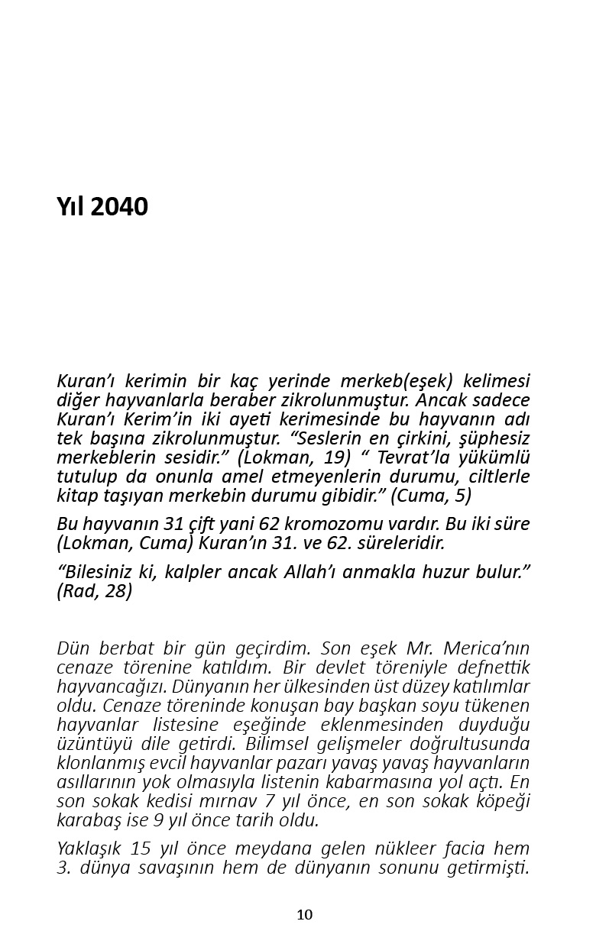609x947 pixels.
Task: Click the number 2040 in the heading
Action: point(119,207)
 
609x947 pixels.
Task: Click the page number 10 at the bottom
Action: point(304,915)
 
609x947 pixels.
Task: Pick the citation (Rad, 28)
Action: point(94,590)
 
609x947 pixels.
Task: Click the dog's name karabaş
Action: point(89,820)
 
